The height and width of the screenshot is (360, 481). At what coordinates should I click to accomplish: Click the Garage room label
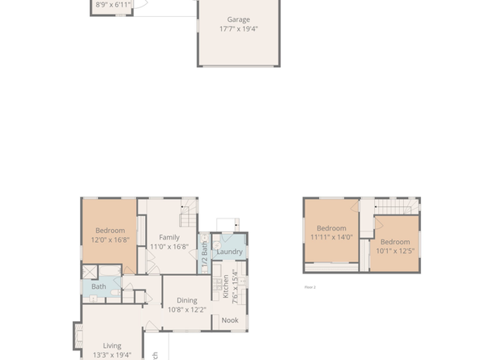tap(238, 19)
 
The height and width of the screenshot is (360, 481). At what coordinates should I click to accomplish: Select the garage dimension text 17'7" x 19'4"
tap(238, 28)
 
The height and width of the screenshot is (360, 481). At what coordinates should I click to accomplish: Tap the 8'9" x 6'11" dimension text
tap(113, 5)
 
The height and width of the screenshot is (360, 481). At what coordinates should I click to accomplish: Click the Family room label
tap(168, 237)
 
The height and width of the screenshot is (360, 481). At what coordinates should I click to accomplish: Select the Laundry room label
tap(230, 252)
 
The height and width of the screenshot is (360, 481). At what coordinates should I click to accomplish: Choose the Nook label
tap(230, 320)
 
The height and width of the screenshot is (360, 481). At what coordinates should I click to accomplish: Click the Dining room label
tap(187, 300)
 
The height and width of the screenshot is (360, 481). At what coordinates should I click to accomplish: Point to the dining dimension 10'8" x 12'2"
tap(187, 309)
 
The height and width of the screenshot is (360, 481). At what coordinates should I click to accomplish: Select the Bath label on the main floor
tap(99, 286)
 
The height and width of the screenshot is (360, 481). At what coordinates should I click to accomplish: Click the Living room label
tap(111, 345)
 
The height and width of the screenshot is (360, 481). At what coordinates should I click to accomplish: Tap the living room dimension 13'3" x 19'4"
tap(111, 354)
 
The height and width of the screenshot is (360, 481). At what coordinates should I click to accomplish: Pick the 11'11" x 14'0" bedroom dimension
tap(331, 238)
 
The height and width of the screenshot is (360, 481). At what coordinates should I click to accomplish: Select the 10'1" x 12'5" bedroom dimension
tap(395, 251)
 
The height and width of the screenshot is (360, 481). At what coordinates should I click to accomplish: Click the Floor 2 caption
tap(309, 287)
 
